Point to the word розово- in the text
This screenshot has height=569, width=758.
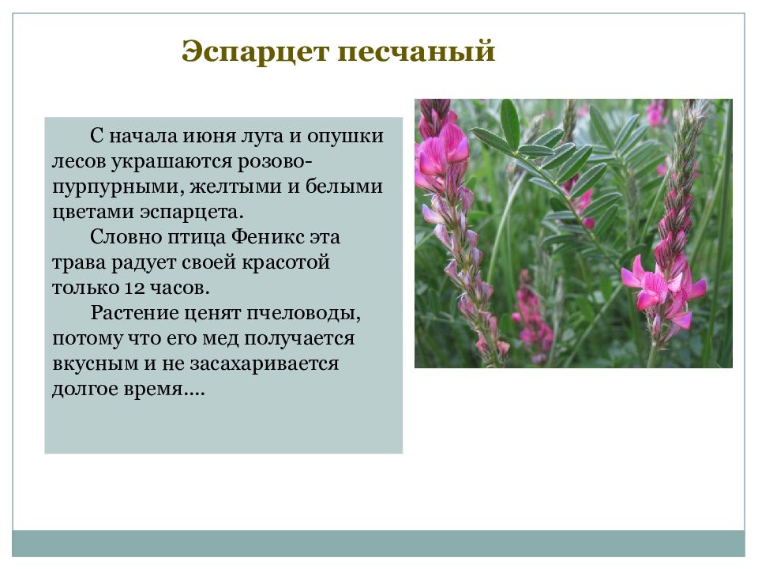tap(276, 161)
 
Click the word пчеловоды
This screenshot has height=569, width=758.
tap(309, 313)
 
